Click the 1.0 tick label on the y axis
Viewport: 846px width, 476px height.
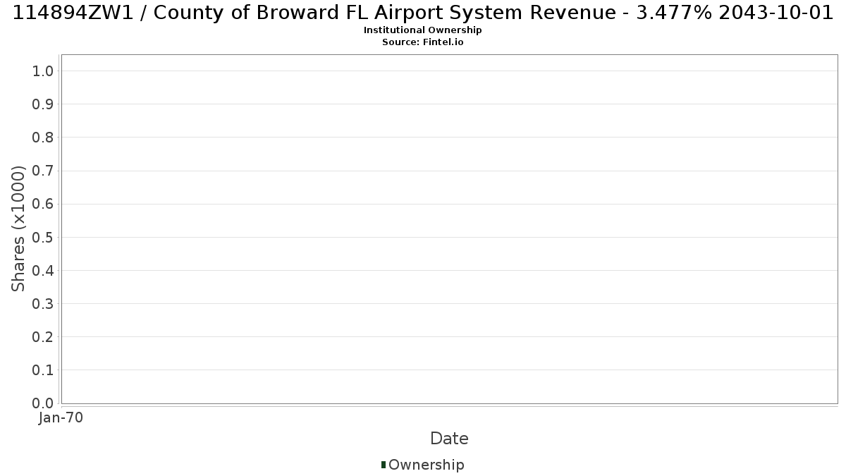tap(43, 71)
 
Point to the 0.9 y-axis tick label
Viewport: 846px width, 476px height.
tap(43, 104)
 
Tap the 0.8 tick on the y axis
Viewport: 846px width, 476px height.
tap(43, 138)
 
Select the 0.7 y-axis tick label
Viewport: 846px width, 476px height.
tap(43, 171)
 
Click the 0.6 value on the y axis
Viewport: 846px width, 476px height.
tap(43, 204)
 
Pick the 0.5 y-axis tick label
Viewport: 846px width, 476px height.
tap(43, 237)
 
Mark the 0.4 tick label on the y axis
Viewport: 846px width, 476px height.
tap(43, 271)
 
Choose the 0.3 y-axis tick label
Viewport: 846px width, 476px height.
tap(43, 304)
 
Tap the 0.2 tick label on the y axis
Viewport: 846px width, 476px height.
tap(43, 337)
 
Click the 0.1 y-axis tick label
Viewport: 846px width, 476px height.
tap(43, 370)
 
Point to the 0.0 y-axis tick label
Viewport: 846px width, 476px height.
tap(43, 403)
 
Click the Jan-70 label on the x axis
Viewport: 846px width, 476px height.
tap(61, 417)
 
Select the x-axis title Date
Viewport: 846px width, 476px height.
tap(450, 439)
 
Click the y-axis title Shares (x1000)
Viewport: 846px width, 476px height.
tap(18, 229)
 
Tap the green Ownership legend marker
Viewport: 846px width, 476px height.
tap(384, 465)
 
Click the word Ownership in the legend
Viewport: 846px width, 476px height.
tap(427, 465)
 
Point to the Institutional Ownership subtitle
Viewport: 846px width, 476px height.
tap(422, 30)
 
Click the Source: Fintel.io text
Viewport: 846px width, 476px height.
tap(422, 42)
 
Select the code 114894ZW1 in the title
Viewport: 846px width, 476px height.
tap(73, 13)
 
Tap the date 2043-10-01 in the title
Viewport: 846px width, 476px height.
tap(775, 13)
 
